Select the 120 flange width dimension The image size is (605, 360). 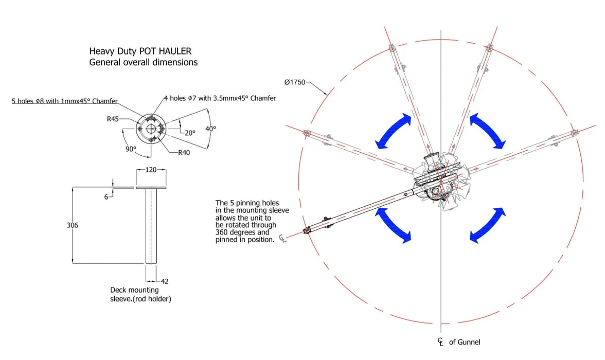[x=151, y=170]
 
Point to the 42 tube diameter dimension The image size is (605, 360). [x=165, y=281]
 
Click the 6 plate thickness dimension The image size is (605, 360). [x=106, y=196]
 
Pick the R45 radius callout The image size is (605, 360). [x=113, y=119]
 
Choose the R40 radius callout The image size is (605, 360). [x=184, y=153]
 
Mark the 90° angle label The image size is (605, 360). [x=131, y=149]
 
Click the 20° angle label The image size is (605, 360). [x=190, y=133]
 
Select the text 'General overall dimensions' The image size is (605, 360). [x=143, y=62]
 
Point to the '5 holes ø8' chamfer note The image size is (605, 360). [x=65, y=101]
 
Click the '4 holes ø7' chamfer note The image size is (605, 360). [x=220, y=98]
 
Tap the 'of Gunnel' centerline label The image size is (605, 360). [x=465, y=342]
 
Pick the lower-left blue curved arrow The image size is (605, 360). [x=394, y=224]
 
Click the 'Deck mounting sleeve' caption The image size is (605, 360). [x=140, y=295]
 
